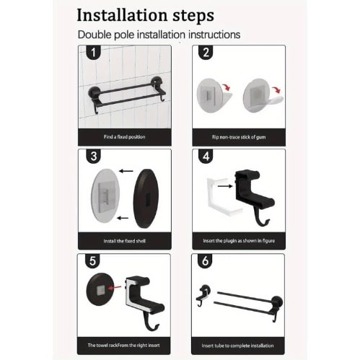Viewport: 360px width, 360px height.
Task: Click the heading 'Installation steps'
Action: (x=145, y=16)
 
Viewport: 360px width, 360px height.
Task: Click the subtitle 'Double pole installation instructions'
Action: (x=159, y=35)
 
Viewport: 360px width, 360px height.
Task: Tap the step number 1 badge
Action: (x=93, y=52)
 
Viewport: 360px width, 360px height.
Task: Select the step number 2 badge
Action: (x=206, y=52)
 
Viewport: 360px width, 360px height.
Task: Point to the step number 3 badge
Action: (x=94, y=157)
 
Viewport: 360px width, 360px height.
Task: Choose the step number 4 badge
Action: (x=206, y=157)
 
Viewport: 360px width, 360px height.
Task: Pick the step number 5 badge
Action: (x=92, y=261)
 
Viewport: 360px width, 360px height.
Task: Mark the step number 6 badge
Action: (x=205, y=261)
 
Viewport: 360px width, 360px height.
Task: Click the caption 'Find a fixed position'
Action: (x=124, y=137)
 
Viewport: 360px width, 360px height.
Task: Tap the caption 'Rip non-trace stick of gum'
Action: (x=239, y=137)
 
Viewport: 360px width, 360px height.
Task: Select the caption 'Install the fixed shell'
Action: (x=125, y=241)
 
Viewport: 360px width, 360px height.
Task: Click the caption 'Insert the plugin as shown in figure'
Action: (x=239, y=241)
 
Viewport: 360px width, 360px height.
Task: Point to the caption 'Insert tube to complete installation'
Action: (x=237, y=346)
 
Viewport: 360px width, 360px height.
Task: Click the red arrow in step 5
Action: (x=114, y=288)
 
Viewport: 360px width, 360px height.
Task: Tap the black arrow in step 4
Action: (x=225, y=186)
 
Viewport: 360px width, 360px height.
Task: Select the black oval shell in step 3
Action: (x=146, y=198)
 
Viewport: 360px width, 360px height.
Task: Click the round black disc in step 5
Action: (x=100, y=289)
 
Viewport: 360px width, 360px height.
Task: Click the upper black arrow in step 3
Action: (x=126, y=171)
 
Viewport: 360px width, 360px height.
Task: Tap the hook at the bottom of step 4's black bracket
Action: (x=263, y=220)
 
